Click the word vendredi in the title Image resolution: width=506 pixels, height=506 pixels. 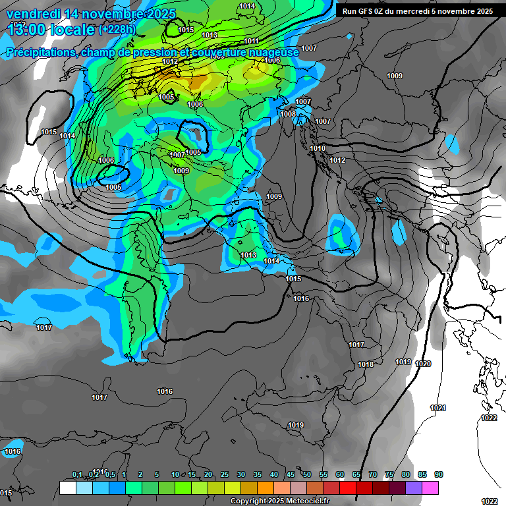pyautogui.click(x=32, y=14)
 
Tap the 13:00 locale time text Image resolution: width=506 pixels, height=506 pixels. pyautogui.click(x=50, y=29)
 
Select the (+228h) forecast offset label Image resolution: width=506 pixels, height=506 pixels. pyautogui.click(x=117, y=29)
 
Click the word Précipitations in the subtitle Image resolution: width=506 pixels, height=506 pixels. pyautogui.click(x=40, y=51)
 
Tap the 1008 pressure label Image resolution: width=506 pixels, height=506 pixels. pyautogui.click(x=288, y=114)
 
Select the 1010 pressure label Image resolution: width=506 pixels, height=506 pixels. pyautogui.click(x=318, y=148)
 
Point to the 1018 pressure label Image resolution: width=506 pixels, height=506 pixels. pyautogui.click(x=366, y=364)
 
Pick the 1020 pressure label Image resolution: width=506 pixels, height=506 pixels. pyautogui.click(x=423, y=364)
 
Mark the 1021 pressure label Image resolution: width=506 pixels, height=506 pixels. pyautogui.click(x=438, y=408)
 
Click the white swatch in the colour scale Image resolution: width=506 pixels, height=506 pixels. pyautogui.click(x=67, y=488)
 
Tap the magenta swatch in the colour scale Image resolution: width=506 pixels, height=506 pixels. pyautogui.click(x=430, y=488)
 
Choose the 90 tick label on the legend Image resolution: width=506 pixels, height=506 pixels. pyautogui.click(x=439, y=475)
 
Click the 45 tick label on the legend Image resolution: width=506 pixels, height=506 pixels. pyautogui.click(x=291, y=475)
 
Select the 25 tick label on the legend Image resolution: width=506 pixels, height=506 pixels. pyautogui.click(x=225, y=475)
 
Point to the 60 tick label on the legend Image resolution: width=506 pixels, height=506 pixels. pyautogui.click(x=340, y=475)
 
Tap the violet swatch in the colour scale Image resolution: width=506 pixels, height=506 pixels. pyautogui.click(x=414, y=488)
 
